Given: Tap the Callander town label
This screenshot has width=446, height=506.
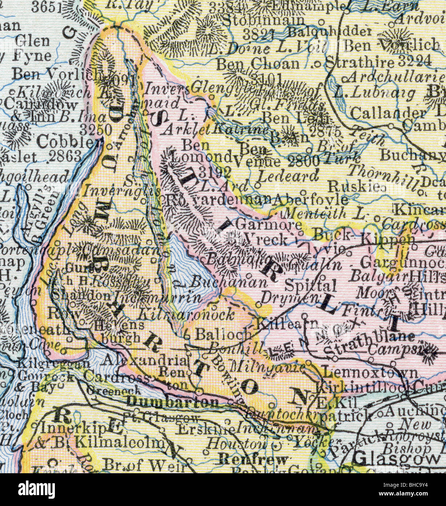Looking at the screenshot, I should point(387,112).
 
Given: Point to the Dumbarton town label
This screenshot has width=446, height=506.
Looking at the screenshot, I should point(173,402).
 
